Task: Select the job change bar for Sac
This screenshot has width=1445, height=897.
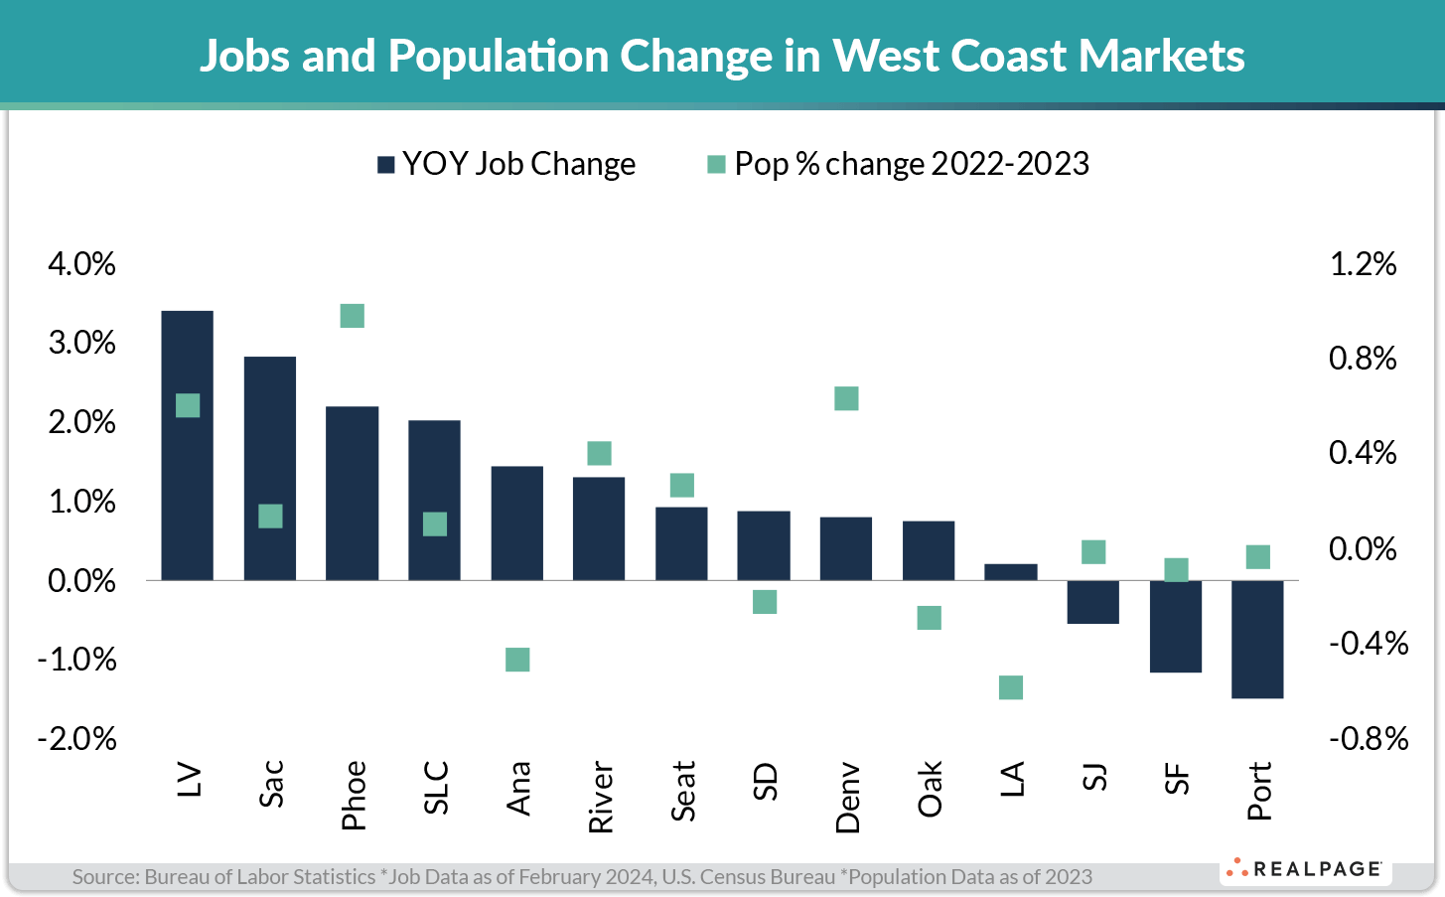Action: click(x=269, y=468)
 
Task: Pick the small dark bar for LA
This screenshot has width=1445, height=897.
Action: click(x=1010, y=572)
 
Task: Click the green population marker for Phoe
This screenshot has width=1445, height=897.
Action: click(x=353, y=316)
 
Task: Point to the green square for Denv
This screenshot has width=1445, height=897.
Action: click(x=846, y=398)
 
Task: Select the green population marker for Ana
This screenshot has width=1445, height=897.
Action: click(x=517, y=660)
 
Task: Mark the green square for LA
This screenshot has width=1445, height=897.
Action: click(x=1011, y=687)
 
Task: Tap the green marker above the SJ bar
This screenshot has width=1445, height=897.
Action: click(x=1093, y=552)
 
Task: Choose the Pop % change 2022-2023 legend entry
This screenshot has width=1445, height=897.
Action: click(x=899, y=164)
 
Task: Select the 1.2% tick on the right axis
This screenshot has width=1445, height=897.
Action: click(x=1363, y=264)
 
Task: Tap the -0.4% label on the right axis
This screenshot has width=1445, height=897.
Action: click(x=1369, y=644)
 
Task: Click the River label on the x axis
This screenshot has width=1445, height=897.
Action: click(x=601, y=798)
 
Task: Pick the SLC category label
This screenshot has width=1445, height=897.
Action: click(x=436, y=788)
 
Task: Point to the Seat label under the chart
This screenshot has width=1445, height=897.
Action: click(x=683, y=791)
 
